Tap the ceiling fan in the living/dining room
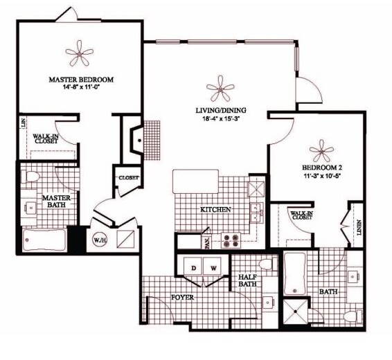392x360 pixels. (x=220, y=88)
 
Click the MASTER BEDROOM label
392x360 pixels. (x=81, y=80)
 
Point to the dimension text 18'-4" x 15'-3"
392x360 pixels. (x=220, y=118)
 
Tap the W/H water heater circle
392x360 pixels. (x=99, y=240)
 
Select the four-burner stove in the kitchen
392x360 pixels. (x=230, y=241)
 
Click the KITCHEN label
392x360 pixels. (x=215, y=209)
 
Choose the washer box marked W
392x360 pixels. (x=214, y=267)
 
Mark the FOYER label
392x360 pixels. (x=182, y=298)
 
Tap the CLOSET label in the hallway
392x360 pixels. (x=129, y=178)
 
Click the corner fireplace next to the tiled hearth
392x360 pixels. (x=139, y=140)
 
